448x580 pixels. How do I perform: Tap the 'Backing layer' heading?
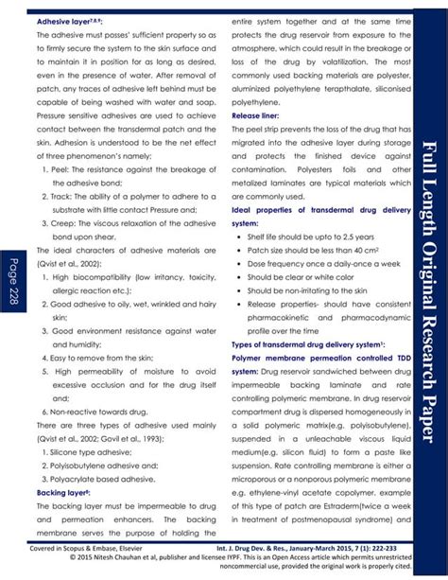(x=63, y=492)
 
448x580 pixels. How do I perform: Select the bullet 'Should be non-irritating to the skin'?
(x=319, y=290)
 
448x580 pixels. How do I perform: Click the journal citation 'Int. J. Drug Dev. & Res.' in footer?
(x=276, y=547)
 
